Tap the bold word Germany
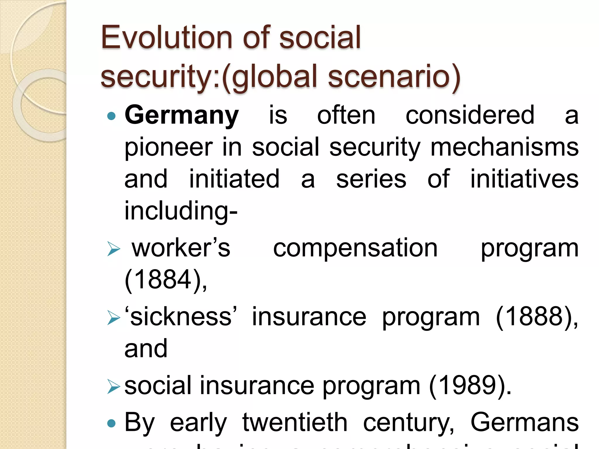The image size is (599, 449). (x=182, y=115)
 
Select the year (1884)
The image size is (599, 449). (x=166, y=279)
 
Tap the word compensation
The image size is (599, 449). (x=355, y=248)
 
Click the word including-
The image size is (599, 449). (x=181, y=211)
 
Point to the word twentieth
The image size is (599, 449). (x=295, y=422)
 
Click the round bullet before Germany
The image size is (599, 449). (x=111, y=117)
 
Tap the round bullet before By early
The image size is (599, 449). (x=111, y=423)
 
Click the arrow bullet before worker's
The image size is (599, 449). (x=113, y=249)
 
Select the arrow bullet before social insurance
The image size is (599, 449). (x=113, y=386)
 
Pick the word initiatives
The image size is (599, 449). (x=524, y=179)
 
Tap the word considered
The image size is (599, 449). (x=470, y=115)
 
